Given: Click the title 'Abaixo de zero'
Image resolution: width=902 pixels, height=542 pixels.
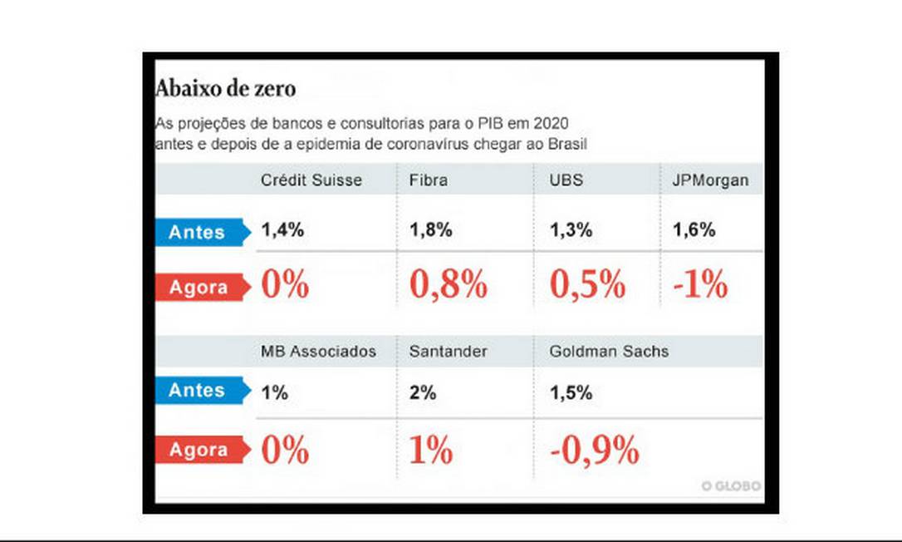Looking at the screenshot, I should pyautogui.click(x=225, y=88).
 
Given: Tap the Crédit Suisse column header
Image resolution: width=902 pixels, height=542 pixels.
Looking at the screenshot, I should pyautogui.click(x=311, y=180).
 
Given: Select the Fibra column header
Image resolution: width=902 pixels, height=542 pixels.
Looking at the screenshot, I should pyautogui.click(x=428, y=180).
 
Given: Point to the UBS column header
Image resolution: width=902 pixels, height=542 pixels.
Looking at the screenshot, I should pyautogui.click(x=566, y=180).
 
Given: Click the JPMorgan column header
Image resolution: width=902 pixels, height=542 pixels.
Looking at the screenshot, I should pyautogui.click(x=710, y=180).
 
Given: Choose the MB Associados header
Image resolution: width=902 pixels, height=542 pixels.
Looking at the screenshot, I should pyautogui.click(x=318, y=352).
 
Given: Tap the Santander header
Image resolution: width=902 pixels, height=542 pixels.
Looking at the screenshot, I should pyautogui.click(x=448, y=352).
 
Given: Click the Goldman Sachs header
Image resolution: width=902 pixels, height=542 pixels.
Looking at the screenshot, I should pyautogui.click(x=609, y=352).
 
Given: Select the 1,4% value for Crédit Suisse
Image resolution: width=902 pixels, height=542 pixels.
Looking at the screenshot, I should pyautogui.click(x=282, y=231).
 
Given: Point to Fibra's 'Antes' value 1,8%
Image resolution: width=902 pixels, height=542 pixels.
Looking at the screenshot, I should pyautogui.click(x=430, y=231).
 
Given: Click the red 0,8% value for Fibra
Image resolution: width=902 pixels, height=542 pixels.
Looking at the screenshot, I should pyautogui.click(x=448, y=285).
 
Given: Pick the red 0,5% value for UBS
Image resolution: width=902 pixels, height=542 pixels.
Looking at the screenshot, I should pyautogui.click(x=587, y=285).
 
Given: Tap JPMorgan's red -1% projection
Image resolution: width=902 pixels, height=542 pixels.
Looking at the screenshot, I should pyautogui.click(x=699, y=285).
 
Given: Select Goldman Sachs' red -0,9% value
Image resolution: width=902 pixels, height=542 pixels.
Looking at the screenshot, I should pyautogui.click(x=594, y=450).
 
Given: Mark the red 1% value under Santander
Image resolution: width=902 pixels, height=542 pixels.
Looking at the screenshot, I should pyautogui.click(x=430, y=450).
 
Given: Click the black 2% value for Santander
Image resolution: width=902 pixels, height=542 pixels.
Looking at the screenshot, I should pyautogui.click(x=422, y=393).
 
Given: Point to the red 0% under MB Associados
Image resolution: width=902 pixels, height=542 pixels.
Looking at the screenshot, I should pyautogui.click(x=285, y=450).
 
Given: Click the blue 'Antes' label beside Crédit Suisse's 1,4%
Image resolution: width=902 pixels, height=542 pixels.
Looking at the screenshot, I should pyautogui.click(x=198, y=232).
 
